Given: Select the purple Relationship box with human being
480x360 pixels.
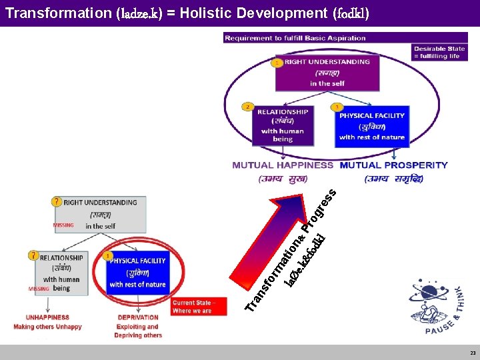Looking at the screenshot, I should click(x=283, y=125).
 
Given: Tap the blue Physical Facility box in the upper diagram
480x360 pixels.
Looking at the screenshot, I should click(x=371, y=125).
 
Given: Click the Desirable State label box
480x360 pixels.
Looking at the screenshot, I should click(x=439, y=52).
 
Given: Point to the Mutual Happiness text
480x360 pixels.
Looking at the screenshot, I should click(x=283, y=165).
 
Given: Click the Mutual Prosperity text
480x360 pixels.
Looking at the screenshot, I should click(x=394, y=165).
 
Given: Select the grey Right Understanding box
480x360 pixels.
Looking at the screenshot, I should click(x=100, y=214).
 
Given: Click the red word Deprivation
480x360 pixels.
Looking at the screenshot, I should click(x=137, y=317).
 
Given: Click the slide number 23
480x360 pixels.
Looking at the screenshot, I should click(x=472, y=353).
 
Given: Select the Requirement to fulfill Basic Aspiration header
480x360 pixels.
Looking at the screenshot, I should click(x=295, y=39).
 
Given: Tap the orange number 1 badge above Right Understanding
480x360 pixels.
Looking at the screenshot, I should click(x=276, y=62).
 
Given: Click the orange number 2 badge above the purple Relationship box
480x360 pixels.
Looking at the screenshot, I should click(x=248, y=106).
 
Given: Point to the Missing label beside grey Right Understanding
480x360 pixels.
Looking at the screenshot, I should click(x=64, y=225).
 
